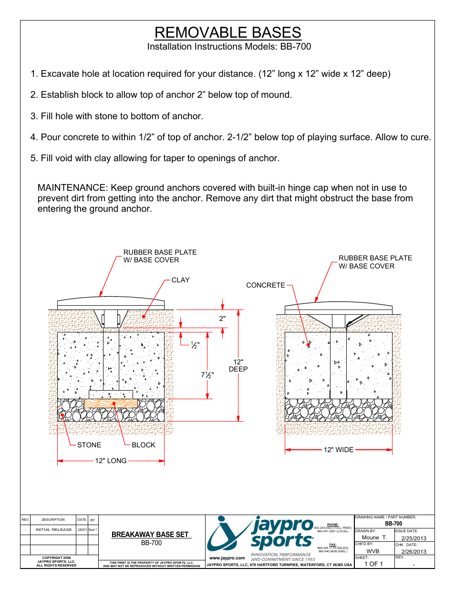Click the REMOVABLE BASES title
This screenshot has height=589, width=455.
(227, 32)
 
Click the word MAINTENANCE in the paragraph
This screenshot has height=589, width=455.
(72, 188)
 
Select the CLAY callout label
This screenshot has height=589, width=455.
(180, 280)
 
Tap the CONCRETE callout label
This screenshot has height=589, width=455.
(265, 285)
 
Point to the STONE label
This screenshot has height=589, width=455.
(89, 445)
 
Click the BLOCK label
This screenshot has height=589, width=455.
(144, 445)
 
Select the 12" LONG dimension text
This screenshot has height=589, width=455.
(111, 461)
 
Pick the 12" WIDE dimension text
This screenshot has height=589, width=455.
(339, 450)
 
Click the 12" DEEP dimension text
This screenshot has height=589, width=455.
(238, 365)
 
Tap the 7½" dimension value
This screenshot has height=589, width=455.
(207, 375)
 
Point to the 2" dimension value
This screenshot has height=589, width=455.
(222, 319)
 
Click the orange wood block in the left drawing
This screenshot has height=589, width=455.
(111, 403)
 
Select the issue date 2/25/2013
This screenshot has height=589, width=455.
(414, 538)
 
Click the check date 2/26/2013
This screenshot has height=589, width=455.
(414, 552)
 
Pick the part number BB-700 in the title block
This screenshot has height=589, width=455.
(393, 524)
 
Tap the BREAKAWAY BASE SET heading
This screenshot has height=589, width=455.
(150, 535)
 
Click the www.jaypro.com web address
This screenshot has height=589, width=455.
(227, 558)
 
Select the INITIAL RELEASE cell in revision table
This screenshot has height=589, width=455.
(53, 529)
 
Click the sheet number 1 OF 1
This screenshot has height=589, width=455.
(373, 564)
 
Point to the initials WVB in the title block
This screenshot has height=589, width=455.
(373, 551)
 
